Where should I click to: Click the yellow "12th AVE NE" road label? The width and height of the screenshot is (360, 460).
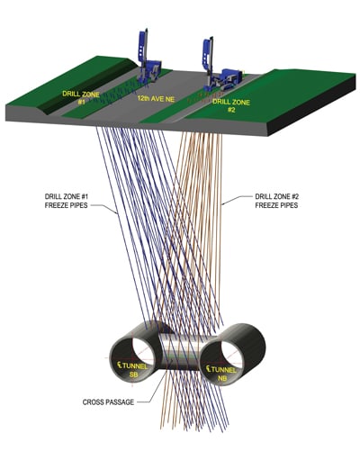[156, 99]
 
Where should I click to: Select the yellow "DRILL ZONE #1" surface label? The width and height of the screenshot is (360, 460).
[81, 97]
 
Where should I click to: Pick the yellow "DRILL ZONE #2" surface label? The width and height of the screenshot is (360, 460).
[231, 105]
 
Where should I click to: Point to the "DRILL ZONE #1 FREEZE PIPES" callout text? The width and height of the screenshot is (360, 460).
[67, 201]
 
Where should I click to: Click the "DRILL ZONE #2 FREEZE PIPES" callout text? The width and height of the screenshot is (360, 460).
[276, 201]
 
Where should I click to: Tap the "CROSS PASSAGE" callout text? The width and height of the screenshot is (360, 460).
[108, 402]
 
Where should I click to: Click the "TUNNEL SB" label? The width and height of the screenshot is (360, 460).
[132, 370]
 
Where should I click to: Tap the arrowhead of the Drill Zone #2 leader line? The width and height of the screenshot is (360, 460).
[223, 204]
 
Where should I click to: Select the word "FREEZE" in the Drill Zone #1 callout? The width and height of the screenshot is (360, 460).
[56, 205]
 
